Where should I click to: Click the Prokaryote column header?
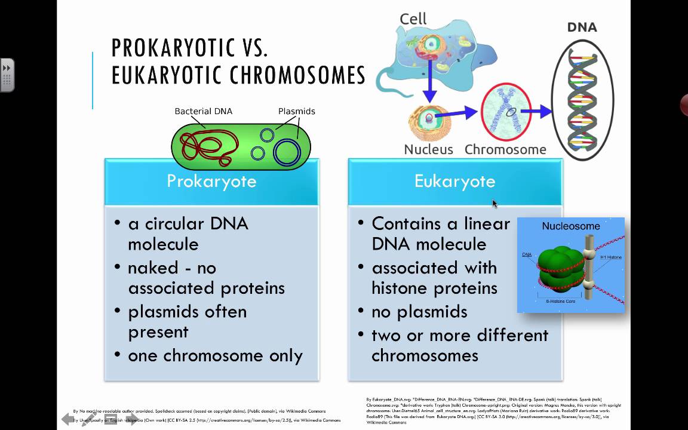pos(211,181)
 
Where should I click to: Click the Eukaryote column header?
pos(454,181)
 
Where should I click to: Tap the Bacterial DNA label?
pos(203,111)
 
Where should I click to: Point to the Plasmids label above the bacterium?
pos(296,111)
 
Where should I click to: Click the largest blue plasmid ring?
pos(287,152)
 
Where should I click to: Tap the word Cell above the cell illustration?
pos(413,19)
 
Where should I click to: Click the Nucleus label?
pos(428,149)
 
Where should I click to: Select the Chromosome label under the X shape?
pos(505,149)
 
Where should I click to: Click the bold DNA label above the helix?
pos(582,27)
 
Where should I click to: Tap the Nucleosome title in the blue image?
pos(570,226)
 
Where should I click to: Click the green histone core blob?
pos(557,265)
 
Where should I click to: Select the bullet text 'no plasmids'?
pos(419,311)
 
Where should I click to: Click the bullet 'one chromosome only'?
pos(215,355)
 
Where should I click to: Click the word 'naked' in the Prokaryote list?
pos(153,268)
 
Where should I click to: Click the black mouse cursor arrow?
pos(494,203)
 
